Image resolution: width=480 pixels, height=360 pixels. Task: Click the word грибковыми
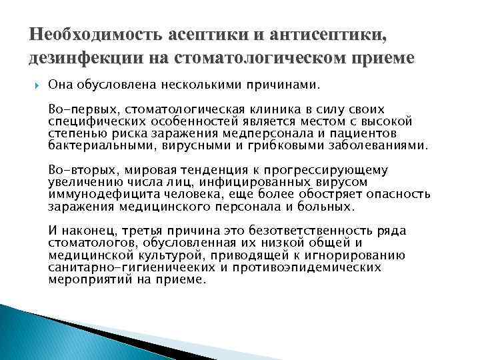click(x=304, y=145)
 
